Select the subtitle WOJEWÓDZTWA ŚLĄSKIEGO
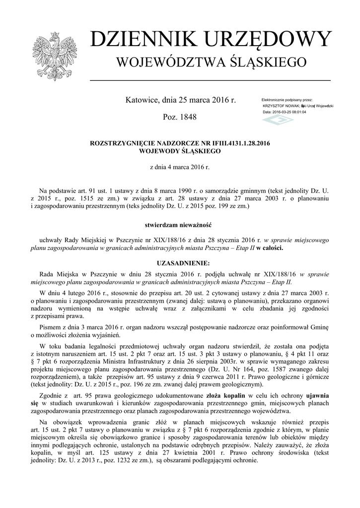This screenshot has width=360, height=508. click(211, 63)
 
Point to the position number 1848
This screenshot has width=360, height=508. click(186, 118)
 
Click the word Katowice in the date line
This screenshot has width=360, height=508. click(142, 100)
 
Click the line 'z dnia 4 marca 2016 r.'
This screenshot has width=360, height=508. click(180, 167)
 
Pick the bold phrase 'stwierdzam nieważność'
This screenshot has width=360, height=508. click(180, 224)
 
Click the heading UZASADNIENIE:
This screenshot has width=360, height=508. click(180, 262)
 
